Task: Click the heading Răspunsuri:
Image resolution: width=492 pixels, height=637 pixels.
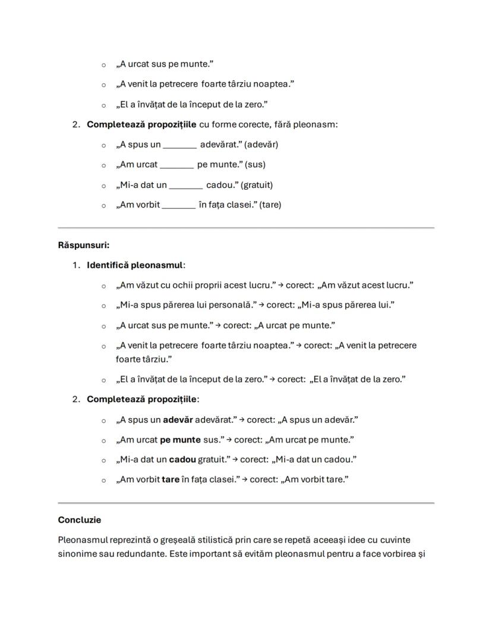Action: point(84,244)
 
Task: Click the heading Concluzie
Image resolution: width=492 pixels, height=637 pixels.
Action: point(80,520)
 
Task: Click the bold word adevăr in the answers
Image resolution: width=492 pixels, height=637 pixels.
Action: point(178,420)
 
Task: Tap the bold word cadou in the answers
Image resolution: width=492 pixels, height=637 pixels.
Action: point(182,459)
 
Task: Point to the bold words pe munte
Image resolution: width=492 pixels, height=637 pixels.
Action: point(180,440)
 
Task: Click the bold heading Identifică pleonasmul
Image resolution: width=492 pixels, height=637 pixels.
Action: point(135,265)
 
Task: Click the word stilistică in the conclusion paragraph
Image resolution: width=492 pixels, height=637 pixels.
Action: point(215,540)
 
